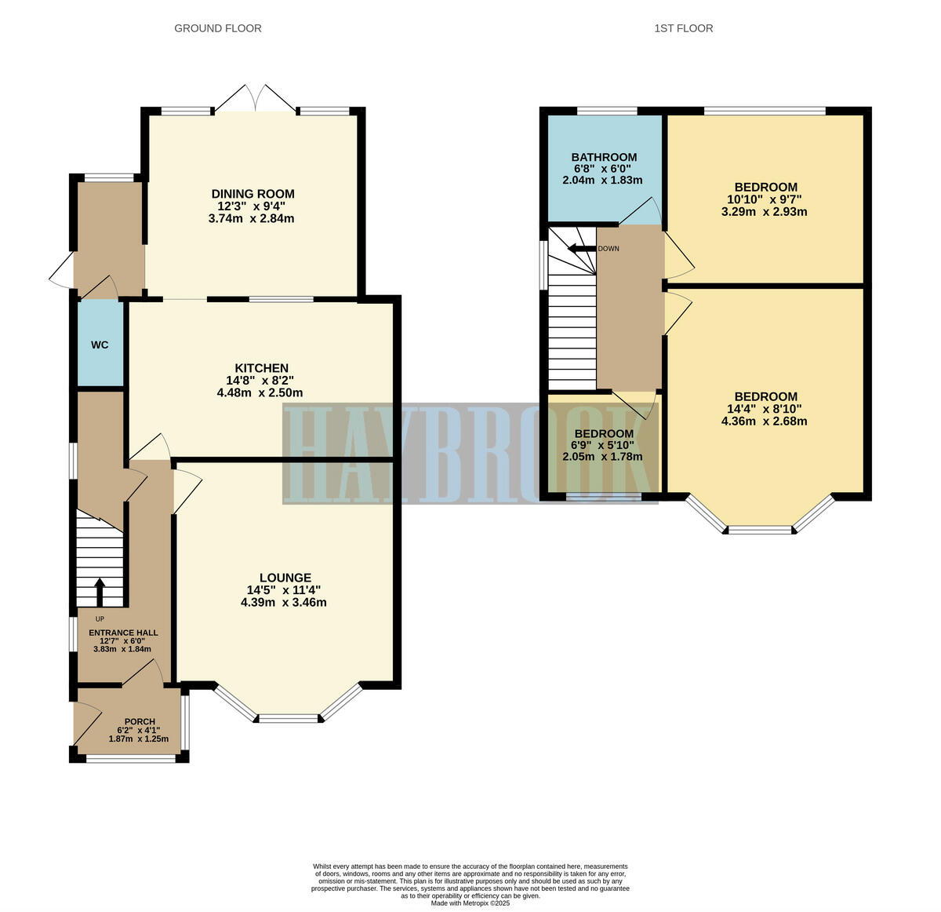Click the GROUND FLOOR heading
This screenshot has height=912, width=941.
[217, 28]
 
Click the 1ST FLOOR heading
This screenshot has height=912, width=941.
[683, 28]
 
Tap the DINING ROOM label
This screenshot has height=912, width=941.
[253, 194]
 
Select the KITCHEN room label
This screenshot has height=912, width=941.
[262, 368]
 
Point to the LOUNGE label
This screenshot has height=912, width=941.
[285, 578]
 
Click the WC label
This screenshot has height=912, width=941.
[100, 345]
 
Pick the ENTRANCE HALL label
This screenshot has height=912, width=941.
[123, 633]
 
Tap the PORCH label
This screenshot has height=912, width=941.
[140, 721]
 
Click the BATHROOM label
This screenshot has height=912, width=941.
[604, 157]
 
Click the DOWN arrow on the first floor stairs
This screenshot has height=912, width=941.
[581, 249]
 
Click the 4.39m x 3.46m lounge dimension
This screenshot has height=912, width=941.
[284, 603]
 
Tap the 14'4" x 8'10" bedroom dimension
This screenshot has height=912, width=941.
[765, 408]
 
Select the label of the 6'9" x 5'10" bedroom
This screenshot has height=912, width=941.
[604, 434]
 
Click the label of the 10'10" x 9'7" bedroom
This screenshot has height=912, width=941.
[766, 187]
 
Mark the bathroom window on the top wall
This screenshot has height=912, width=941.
[607, 111]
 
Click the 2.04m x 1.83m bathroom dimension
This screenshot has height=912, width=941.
[602, 180]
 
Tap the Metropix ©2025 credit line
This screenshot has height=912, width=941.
[470, 903]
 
